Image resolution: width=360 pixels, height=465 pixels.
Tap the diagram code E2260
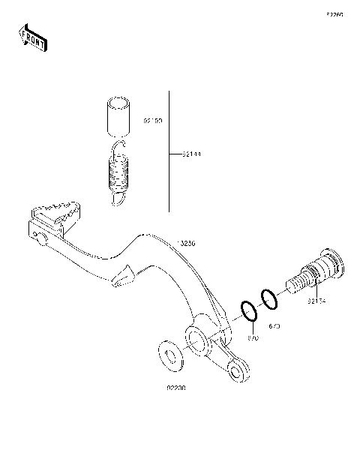(x=334, y=14)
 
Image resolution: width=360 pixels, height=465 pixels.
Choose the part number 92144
(x=191, y=155)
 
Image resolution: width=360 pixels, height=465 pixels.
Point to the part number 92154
(x=316, y=301)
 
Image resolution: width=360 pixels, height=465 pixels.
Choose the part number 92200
(x=176, y=388)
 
